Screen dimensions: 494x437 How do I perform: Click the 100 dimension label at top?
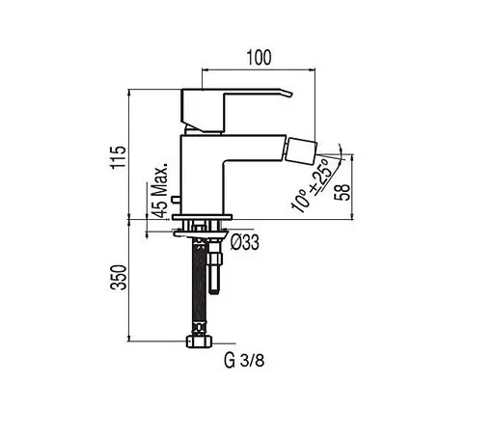point(259,58)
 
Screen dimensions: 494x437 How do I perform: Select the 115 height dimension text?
point(118,157)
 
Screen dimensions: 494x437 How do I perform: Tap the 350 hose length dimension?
point(118,278)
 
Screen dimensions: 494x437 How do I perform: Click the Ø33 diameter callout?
point(245,242)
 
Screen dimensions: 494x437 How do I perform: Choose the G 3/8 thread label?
point(244,361)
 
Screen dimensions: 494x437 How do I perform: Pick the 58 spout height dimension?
point(342,193)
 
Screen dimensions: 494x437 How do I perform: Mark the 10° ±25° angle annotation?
point(311,185)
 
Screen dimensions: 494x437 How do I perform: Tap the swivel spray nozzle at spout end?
point(302,151)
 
